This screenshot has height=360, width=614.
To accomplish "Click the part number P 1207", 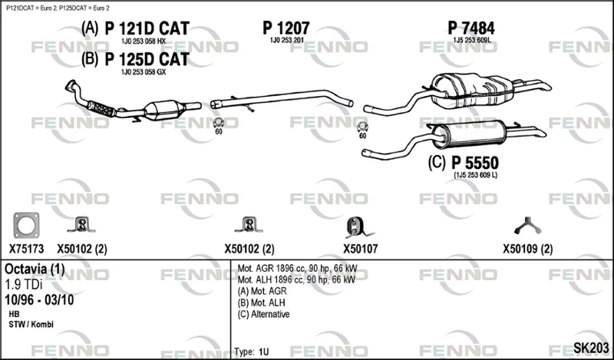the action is (286, 28).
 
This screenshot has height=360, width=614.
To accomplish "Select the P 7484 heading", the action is (471, 28).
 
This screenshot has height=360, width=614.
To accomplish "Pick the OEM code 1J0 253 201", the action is (287, 41).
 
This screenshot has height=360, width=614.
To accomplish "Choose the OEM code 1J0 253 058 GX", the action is (144, 72).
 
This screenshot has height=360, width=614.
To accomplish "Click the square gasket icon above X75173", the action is (26, 225).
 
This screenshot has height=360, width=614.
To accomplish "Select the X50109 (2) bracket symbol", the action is (527, 226).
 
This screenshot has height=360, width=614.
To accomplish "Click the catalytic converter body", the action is (164, 110).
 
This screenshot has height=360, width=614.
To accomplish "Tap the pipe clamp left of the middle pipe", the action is (219, 123).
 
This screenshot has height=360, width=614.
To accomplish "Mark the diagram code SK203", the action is (591, 348).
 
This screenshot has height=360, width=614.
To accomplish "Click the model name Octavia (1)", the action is (35, 269).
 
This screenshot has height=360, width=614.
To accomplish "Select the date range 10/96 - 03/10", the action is (39, 300).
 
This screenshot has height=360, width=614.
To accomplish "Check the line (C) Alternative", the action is (263, 314).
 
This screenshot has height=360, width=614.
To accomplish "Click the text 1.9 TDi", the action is (24, 285).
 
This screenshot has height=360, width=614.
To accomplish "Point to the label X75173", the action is (27, 249).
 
